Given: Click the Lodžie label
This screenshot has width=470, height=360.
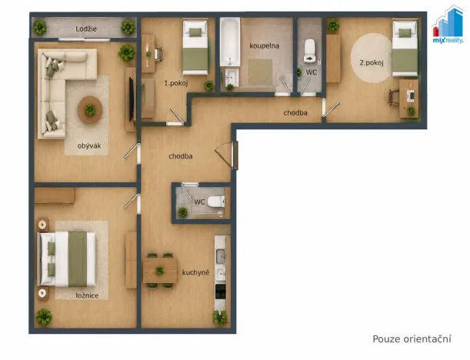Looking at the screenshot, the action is pyautogui.click(x=86, y=28).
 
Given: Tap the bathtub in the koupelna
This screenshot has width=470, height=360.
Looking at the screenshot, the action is pyautogui.click(x=230, y=42).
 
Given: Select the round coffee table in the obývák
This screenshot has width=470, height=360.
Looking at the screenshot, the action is pyautogui.click(x=90, y=110).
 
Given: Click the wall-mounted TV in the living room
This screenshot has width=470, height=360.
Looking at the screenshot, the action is pyautogui.click(x=132, y=99).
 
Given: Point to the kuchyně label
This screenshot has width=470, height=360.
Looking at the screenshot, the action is pyautogui.click(x=195, y=272).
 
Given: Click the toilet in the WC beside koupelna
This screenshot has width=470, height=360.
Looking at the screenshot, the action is pyautogui.click(x=310, y=51).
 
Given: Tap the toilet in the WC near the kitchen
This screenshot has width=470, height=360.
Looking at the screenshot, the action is pyautogui.click(x=216, y=202).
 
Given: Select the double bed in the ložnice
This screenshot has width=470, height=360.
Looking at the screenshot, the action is pyautogui.click(x=67, y=258).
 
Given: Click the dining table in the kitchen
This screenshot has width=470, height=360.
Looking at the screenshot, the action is pyautogui.click(x=160, y=271).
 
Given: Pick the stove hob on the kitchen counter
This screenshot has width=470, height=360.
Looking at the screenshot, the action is pyautogui.click(x=221, y=292).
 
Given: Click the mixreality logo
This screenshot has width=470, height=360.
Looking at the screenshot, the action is pyautogui.click(x=448, y=26).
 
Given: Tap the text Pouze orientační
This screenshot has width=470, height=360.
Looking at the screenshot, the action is pyautogui.click(x=412, y=338).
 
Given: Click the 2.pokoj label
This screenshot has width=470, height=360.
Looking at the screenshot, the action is pyautogui.click(x=372, y=62).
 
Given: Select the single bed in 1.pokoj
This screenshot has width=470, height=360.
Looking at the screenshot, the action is pyautogui.click(x=195, y=47).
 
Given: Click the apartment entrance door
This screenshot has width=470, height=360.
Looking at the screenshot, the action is pyautogui.click(x=235, y=155).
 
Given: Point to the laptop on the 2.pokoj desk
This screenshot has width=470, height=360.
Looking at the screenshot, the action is pyautogui.click(x=411, y=95).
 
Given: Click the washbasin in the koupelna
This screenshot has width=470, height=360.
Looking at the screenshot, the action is pyautogui.click(x=231, y=78).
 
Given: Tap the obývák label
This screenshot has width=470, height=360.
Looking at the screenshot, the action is pyautogui.click(x=89, y=146).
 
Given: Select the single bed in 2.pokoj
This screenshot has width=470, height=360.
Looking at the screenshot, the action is pyautogui.click(x=405, y=48).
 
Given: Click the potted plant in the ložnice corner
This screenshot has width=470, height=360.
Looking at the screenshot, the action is pyautogui.click(x=44, y=317).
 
